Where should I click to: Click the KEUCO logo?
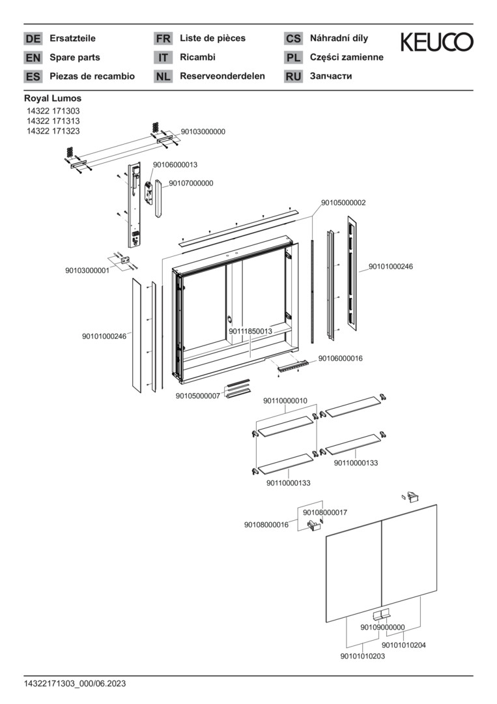click(x=436, y=43)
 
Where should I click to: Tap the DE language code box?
click(x=33, y=38)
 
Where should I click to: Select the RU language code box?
click(x=293, y=76)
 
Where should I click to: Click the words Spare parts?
click(x=75, y=57)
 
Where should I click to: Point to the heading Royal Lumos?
click(x=53, y=98)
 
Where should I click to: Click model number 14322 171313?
click(x=52, y=121)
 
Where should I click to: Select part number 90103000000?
click(x=203, y=132)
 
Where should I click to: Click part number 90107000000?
click(x=191, y=183)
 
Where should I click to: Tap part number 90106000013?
click(x=175, y=165)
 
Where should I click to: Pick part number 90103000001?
click(x=87, y=270)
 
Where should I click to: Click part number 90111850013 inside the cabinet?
click(x=250, y=331)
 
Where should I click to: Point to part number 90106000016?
click(x=341, y=359)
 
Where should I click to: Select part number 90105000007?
click(x=198, y=396)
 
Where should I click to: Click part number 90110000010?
click(x=285, y=401)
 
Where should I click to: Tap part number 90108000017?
click(x=325, y=512)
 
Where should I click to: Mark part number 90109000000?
click(x=382, y=627)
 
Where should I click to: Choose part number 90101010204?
click(x=404, y=645)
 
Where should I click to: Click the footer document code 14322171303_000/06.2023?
click(x=75, y=683)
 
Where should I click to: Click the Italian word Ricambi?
click(x=197, y=57)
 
